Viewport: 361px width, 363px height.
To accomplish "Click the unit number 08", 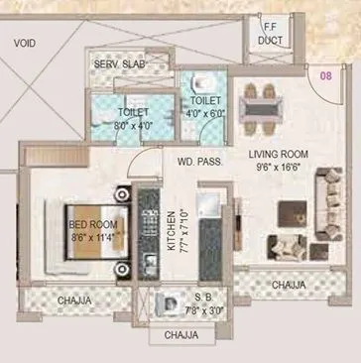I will [x=323, y=73].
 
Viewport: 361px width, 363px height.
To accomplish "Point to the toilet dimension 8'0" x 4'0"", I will [x=132, y=126].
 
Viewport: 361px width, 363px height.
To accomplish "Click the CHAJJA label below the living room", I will [x=288, y=286].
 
